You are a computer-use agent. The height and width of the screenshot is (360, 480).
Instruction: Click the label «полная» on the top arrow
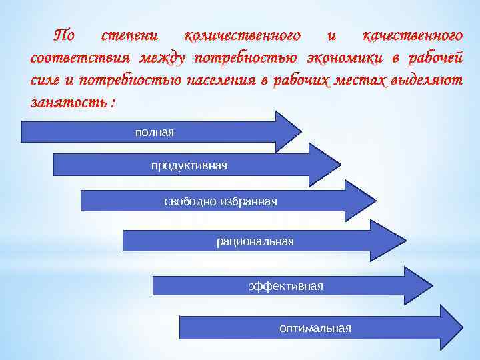(x=154, y=132)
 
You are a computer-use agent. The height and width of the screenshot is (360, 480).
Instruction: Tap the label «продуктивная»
(x=189, y=165)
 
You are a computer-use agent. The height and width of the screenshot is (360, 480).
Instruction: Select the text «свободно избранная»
(x=220, y=201)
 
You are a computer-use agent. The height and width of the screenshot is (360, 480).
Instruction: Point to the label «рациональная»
(x=255, y=241)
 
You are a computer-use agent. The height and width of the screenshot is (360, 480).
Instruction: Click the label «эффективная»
(x=285, y=286)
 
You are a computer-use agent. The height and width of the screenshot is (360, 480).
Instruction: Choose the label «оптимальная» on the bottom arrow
(x=315, y=327)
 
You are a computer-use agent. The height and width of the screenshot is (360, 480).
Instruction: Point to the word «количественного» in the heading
(x=243, y=35)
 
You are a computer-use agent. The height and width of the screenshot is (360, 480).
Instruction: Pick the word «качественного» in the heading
(x=411, y=35)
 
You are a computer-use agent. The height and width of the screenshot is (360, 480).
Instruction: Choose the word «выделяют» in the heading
(x=427, y=81)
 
